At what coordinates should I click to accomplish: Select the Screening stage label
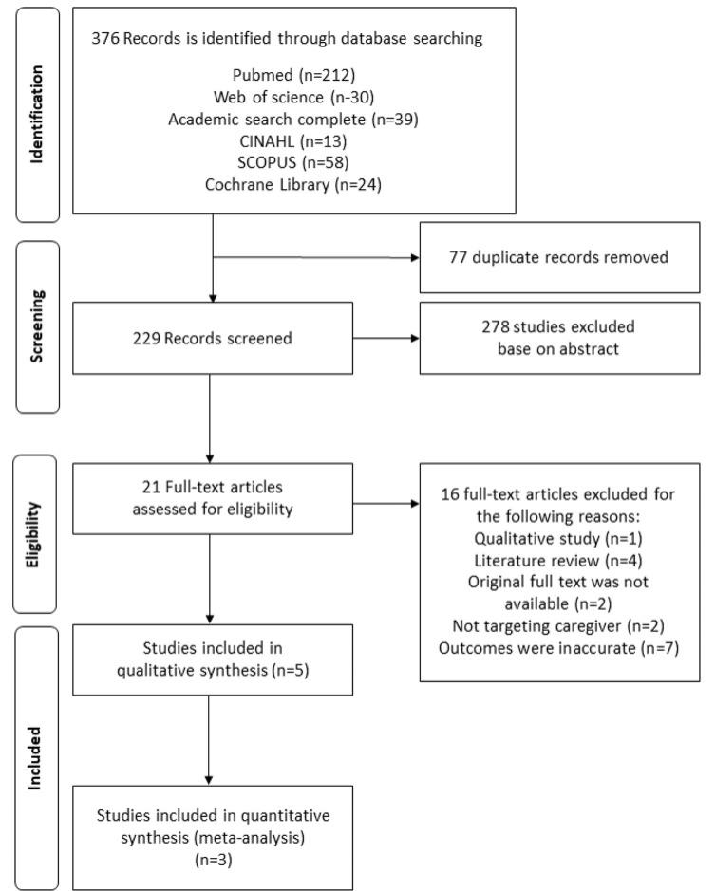(37, 325)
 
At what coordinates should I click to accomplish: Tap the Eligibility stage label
(37, 533)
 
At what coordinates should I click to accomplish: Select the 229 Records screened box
(213, 339)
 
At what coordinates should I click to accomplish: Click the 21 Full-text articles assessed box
(213, 498)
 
